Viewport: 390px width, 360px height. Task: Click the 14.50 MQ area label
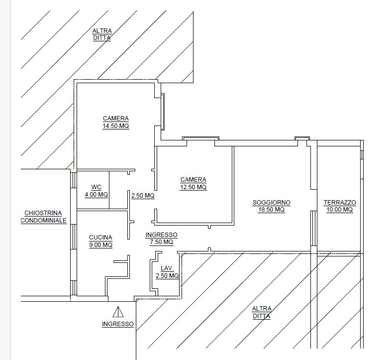click(x=115, y=126)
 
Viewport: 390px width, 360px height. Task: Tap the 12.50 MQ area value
click(x=193, y=187)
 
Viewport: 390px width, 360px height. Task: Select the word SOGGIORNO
click(x=272, y=202)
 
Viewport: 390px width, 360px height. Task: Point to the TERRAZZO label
click(x=339, y=202)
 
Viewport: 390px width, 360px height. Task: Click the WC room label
click(x=97, y=187)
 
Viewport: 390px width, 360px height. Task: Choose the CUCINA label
click(x=100, y=237)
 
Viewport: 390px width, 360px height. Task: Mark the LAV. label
click(x=167, y=268)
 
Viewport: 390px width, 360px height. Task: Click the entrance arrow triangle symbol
click(x=118, y=312)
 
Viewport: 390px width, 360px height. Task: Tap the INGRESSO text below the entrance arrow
click(x=117, y=324)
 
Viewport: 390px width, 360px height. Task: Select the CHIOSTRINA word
click(x=43, y=213)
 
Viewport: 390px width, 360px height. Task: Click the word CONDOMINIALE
click(x=44, y=220)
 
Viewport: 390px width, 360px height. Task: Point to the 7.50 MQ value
click(x=161, y=242)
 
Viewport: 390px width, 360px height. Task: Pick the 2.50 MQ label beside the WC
click(x=143, y=196)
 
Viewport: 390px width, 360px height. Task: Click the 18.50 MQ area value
click(x=272, y=210)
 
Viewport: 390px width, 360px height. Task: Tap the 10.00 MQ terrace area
click(x=339, y=210)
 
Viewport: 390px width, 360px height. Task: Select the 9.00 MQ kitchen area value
click(x=100, y=245)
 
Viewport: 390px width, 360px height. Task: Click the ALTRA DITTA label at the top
click(x=102, y=34)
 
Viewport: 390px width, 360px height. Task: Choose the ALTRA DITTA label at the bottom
click(x=262, y=313)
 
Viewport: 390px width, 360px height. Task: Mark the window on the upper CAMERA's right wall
click(x=163, y=112)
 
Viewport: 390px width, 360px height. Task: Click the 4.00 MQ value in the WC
click(x=97, y=195)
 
